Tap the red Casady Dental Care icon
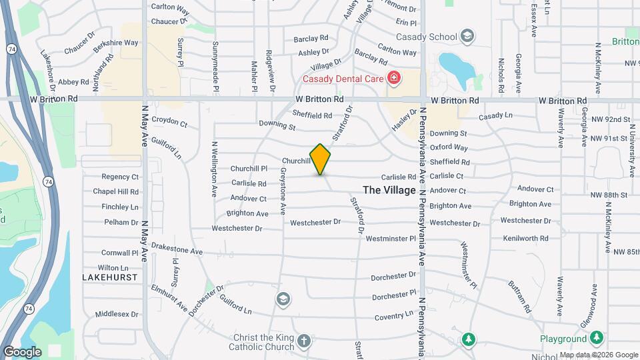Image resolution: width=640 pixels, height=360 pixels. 394,79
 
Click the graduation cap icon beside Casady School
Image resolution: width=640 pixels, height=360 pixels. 467,36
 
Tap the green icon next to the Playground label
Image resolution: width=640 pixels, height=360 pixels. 597,338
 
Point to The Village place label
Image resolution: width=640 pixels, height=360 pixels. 389,190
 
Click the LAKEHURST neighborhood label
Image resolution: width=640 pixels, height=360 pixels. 110,277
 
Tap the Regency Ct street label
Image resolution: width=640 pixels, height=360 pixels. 120,177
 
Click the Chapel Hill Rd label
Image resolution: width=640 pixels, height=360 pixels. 115,191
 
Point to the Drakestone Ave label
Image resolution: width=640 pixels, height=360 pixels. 177,251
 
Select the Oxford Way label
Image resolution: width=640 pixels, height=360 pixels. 449,147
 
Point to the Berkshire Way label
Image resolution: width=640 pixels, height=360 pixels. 116,43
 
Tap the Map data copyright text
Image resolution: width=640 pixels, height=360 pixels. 598,355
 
